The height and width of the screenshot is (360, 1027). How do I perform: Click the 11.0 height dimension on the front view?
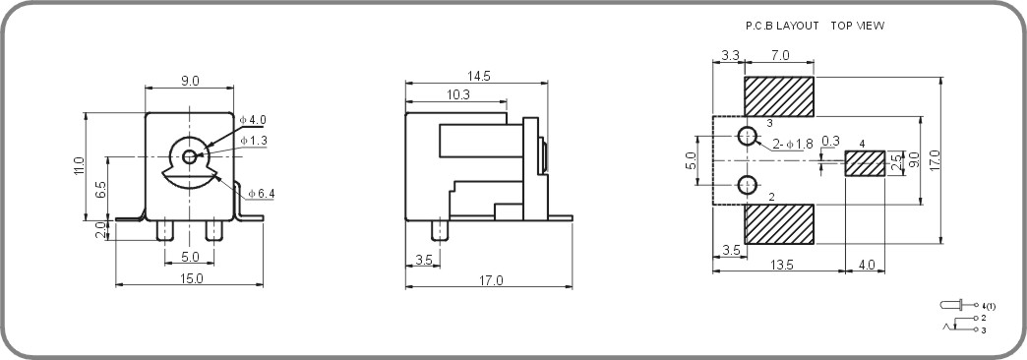click(x=80, y=166)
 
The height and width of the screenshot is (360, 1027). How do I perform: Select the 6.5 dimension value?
click(x=101, y=189)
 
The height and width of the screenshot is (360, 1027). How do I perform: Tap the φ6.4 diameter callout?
click(x=261, y=194)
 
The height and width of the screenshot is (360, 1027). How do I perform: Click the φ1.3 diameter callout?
click(x=254, y=141)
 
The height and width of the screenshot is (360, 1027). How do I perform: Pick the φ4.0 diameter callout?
click(x=253, y=120)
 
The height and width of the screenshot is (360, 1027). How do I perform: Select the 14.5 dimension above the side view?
click(x=480, y=76)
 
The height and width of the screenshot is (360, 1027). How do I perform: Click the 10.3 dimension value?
click(x=457, y=94)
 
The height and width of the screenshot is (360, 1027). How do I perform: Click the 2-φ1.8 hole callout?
click(x=792, y=145)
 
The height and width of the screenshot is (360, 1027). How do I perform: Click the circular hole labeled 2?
click(x=748, y=184)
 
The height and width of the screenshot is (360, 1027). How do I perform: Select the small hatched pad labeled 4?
click(x=866, y=163)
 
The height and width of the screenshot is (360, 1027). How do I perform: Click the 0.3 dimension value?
click(x=830, y=142)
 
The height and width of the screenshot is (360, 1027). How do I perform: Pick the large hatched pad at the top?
click(x=779, y=96)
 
